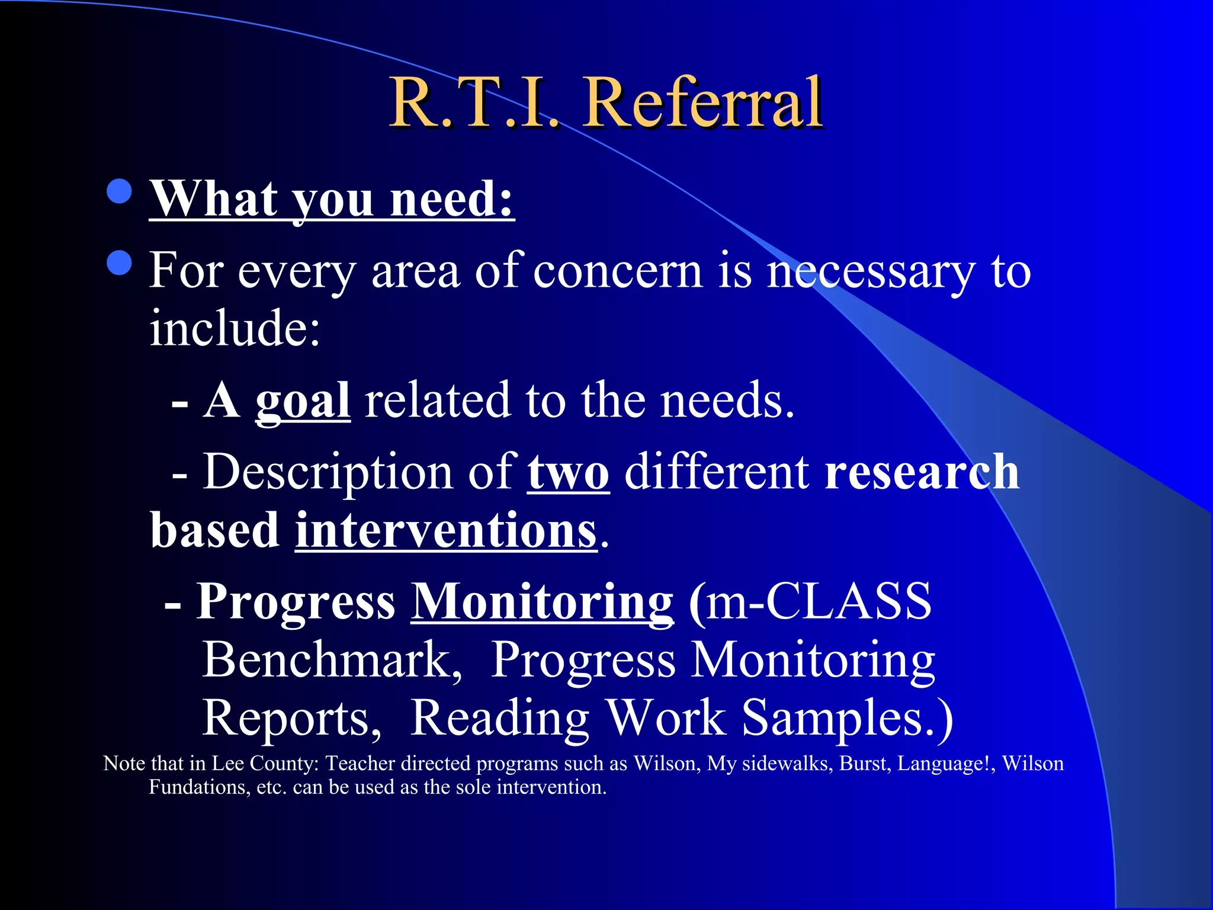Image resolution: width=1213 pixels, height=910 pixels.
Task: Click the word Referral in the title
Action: coord(703,104)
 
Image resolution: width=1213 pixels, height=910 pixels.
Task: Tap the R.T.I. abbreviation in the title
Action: coord(474,104)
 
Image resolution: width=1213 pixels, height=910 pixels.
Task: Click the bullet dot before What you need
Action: coord(120,191)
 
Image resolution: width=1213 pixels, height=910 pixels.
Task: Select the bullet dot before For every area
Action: coord(120,263)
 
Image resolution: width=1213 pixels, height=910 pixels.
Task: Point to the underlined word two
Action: coord(568,473)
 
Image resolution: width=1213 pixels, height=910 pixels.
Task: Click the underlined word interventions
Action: coord(446,531)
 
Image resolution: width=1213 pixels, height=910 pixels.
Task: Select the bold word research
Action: coord(922,473)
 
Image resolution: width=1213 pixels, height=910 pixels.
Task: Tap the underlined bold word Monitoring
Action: coord(542,602)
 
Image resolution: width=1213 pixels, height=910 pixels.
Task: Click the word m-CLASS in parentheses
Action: coord(817,602)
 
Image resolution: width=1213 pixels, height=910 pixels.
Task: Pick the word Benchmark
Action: coord(332,660)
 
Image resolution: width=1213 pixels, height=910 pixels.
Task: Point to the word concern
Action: coord(617,271)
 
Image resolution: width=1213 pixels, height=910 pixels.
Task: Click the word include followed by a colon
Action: coord(234,329)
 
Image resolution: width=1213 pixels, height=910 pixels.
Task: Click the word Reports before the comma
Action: coord(290,718)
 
